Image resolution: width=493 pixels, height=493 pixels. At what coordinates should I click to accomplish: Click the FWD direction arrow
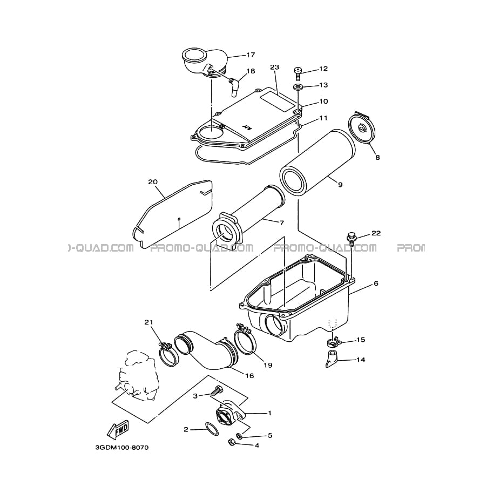tap(118, 429)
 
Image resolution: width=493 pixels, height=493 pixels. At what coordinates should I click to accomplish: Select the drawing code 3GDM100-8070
tap(121, 448)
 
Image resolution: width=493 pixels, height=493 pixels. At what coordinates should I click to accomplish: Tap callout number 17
tap(251, 55)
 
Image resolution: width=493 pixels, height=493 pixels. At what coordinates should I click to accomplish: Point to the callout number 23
tap(274, 67)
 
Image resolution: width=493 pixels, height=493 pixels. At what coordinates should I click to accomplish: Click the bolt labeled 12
tap(298, 73)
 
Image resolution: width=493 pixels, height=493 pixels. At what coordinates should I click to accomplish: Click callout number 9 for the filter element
tap(340, 185)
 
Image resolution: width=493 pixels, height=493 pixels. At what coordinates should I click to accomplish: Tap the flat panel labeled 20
tap(173, 214)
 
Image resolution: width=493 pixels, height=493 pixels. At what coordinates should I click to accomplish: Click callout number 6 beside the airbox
tap(376, 283)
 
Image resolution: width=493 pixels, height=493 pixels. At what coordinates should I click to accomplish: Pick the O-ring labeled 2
tap(212, 429)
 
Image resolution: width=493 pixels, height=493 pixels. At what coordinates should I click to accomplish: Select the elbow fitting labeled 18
tap(234, 84)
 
